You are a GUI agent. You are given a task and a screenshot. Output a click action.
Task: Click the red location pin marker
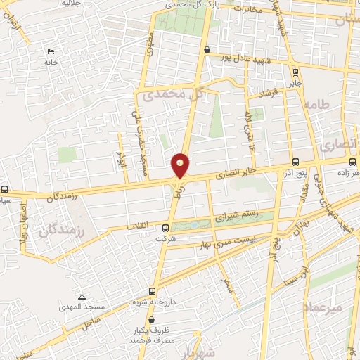click(x=181, y=166)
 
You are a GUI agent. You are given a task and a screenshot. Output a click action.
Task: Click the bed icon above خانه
click(x=50, y=52)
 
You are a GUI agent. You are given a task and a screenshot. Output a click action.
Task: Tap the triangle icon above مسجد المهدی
click(x=82, y=297)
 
